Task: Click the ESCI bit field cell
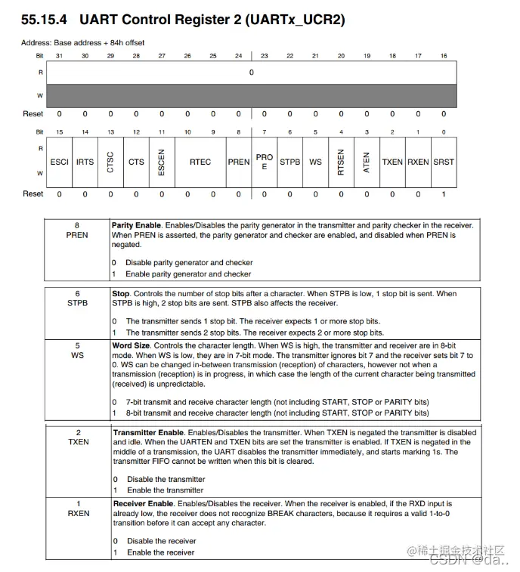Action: (x=59, y=162)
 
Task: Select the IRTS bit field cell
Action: (x=85, y=162)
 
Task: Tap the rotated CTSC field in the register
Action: (x=110, y=162)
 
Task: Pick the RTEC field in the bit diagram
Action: (x=200, y=162)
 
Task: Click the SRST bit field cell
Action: (x=444, y=162)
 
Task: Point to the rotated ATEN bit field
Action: (x=367, y=162)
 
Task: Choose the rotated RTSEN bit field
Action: (x=341, y=162)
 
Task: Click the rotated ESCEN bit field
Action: (x=162, y=162)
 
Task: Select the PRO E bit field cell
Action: (x=265, y=162)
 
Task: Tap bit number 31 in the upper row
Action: (x=59, y=56)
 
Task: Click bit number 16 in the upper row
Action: (x=444, y=56)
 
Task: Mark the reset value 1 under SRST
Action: (x=444, y=194)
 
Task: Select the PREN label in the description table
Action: (x=76, y=236)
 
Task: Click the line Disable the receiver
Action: (x=161, y=541)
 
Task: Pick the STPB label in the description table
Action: (x=76, y=303)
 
